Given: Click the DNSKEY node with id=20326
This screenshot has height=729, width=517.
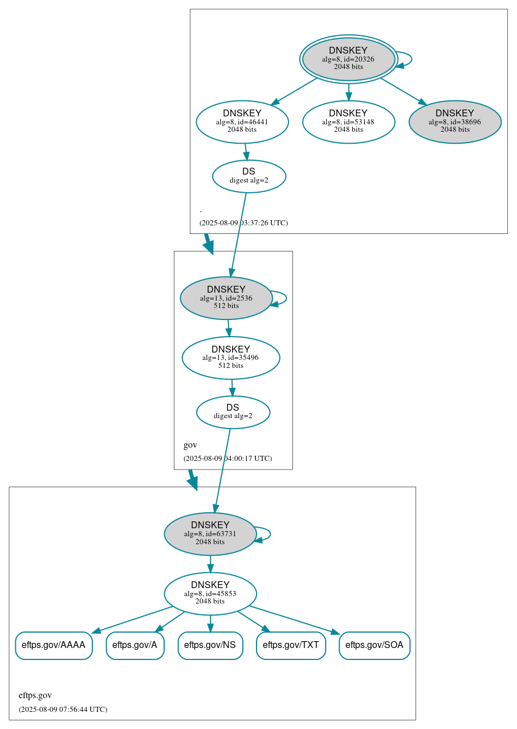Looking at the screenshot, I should tap(348, 59).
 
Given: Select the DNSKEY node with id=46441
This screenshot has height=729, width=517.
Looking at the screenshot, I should tap(242, 121).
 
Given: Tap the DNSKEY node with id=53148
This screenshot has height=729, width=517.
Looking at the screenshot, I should tap(348, 121).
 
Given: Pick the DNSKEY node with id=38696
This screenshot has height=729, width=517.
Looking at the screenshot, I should tap(455, 121).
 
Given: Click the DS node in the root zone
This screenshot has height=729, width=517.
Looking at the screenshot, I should tap(249, 176).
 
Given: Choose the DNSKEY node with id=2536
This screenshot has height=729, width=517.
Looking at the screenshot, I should tap(226, 297).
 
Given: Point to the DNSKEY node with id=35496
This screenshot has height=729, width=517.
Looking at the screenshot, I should tap(231, 357).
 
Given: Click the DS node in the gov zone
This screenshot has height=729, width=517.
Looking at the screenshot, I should tap(233, 411).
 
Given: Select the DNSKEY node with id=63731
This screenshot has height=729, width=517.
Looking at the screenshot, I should tap(210, 533).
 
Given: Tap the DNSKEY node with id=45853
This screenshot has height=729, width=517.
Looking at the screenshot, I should tap(210, 593).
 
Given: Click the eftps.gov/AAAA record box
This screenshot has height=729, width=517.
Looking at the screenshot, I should tap(54, 645).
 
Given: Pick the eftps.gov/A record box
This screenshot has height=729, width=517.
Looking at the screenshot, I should tap(135, 645).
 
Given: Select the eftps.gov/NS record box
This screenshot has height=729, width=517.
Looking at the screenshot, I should tap(210, 645).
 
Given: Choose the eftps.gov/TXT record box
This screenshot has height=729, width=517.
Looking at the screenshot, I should tap(291, 645).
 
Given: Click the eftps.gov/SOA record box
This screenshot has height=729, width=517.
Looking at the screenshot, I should tap(374, 645).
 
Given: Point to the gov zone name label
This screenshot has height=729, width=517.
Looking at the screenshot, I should tap(190, 445).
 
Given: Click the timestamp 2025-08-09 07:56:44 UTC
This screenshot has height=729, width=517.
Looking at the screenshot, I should tap(63, 710).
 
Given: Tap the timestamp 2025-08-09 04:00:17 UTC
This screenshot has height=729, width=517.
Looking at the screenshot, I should tap(227, 459).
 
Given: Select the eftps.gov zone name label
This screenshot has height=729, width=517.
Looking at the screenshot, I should tap(35, 695).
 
